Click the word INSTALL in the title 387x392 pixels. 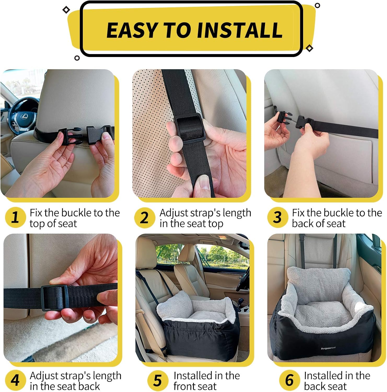pos(240,30)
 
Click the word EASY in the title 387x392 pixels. pos(132,30)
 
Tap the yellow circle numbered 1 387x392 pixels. pos(15,217)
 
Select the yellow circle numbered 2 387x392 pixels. pos(145,217)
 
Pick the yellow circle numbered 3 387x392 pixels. pos(277,217)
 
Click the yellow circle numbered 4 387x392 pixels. pos(15,380)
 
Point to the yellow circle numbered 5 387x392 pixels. pos(158,380)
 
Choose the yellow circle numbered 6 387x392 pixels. pos(289,380)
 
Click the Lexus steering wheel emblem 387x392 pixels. pos(23,116)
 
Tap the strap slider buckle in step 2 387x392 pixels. pos(188,128)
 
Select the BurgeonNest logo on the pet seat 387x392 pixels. pos(328,348)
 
